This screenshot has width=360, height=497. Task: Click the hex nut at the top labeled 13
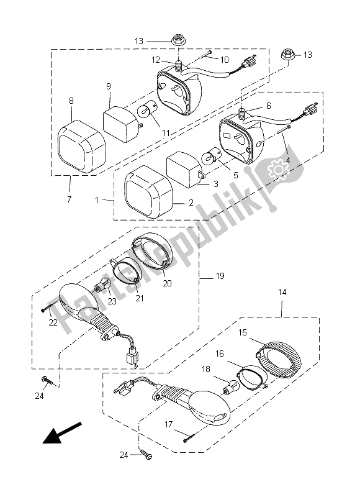(x=178, y=40)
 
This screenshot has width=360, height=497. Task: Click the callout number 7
(x=70, y=199)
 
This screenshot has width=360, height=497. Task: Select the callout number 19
(x=220, y=276)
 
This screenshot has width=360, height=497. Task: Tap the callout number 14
(x=282, y=292)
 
